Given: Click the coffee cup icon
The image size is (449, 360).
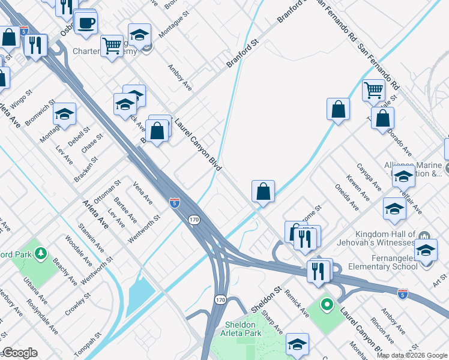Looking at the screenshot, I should pyautogui.click(x=86, y=23).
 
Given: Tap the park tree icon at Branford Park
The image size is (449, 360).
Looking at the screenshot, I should pyautogui.click(x=41, y=254).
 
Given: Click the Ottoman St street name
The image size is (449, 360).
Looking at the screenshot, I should pyautogui.click(x=108, y=191).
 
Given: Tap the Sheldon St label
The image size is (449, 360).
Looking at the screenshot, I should pyautogui.click(x=266, y=300).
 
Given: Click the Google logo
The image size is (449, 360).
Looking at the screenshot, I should pyautogui.click(x=20, y=353).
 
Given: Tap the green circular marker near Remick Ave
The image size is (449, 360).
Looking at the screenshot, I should pyautogui.click(x=327, y=305).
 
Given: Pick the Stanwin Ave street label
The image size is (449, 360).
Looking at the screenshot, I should pyautogui.click(x=92, y=239).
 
